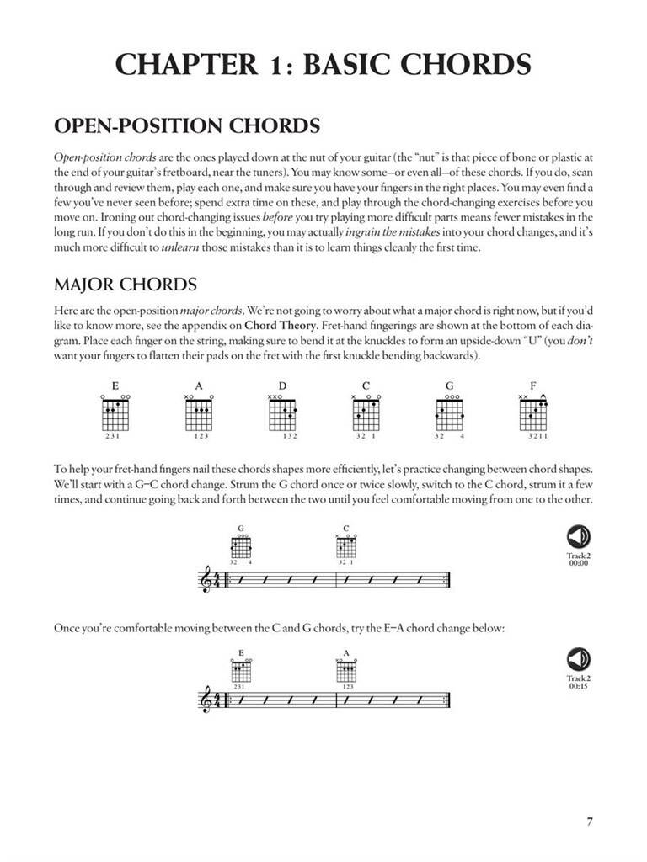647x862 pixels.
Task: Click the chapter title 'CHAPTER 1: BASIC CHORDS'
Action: pyautogui.click(x=323, y=65)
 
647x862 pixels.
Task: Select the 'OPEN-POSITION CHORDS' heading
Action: pyautogui.click(x=186, y=126)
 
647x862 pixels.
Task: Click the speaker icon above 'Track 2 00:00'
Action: pyautogui.click(x=579, y=536)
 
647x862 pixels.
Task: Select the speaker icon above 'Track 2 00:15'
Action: pyautogui.click(x=579, y=659)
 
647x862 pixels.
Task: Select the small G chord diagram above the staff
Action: pyautogui.click(x=242, y=548)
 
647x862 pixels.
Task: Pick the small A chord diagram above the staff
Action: pyautogui.click(x=346, y=670)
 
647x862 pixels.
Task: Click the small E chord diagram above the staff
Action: pyautogui.click(x=242, y=670)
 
